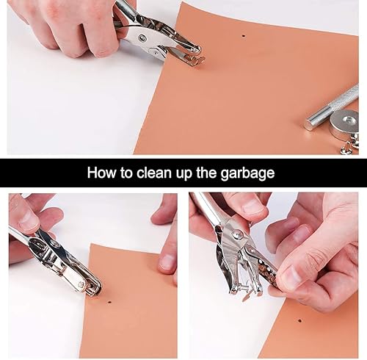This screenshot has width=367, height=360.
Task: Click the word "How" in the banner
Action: pos(102,173)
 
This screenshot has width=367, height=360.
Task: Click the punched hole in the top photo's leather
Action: pos(243,36)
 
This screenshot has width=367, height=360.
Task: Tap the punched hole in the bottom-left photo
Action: pos(109,303)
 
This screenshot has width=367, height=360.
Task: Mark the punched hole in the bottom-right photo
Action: pos(299,320)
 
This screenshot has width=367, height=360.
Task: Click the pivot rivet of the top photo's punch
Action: pos(142,38)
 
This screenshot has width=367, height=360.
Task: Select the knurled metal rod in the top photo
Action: pos(332,107)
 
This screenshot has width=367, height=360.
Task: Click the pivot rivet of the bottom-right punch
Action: pos(237,234)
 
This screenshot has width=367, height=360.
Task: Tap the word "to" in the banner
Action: pos(126,173)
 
